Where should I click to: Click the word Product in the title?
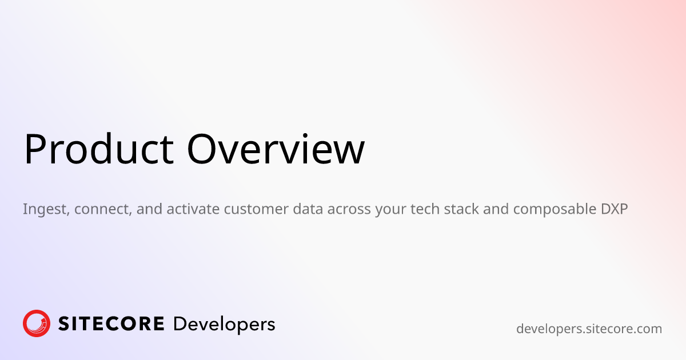point(99,149)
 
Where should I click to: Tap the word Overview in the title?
point(276,149)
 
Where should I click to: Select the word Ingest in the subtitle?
point(46,210)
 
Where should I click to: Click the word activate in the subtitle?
point(193,209)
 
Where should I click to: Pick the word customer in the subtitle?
point(256,210)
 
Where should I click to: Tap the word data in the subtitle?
point(308,209)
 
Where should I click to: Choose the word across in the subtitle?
point(349,210)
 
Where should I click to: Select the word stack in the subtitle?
point(461,209)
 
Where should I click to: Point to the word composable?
point(555,210)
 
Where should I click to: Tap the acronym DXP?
point(615,209)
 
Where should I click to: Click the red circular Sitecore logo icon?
point(37,323)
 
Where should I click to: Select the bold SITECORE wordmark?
point(111,324)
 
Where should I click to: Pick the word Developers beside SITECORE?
point(224,325)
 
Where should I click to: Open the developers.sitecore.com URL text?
point(589,329)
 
